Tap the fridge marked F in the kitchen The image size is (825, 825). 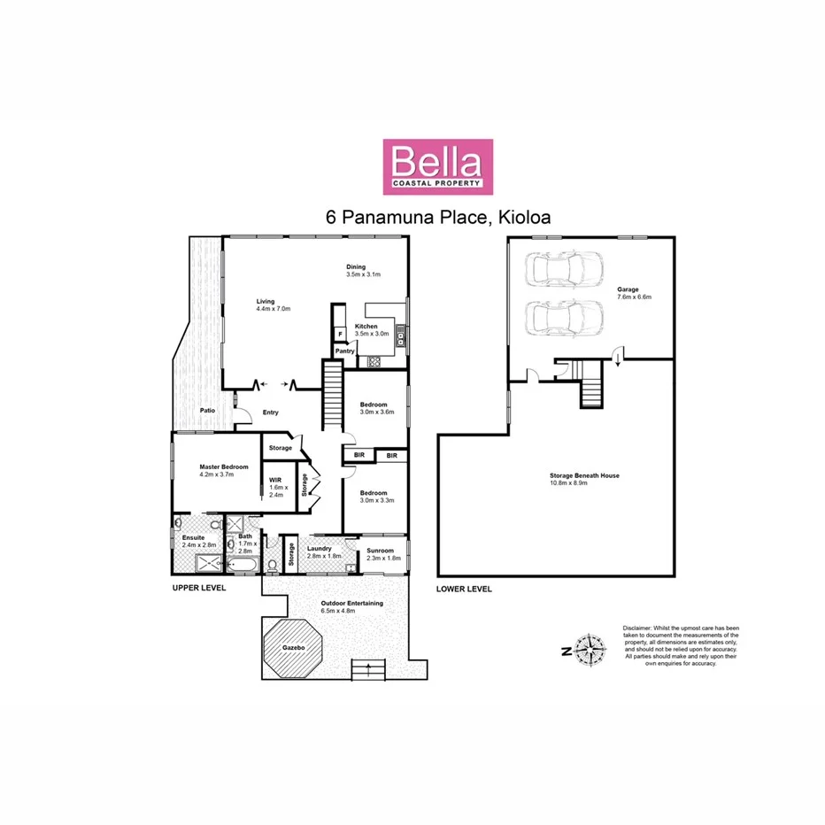click(339, 334)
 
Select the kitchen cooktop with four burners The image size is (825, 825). click(374, 360)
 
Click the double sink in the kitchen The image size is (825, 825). click(400, 335)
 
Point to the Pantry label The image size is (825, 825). click(344, 351)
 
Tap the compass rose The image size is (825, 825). click(587, 652)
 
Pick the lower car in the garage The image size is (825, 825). click(563, 317)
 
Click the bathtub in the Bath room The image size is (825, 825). click(243, 564)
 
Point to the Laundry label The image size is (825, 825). click(319, 549)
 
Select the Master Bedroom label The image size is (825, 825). click(223, 466)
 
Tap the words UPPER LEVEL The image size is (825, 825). click(198, 588)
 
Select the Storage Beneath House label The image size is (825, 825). click(584, 475)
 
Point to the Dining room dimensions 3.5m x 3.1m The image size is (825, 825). click(363, 274)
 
